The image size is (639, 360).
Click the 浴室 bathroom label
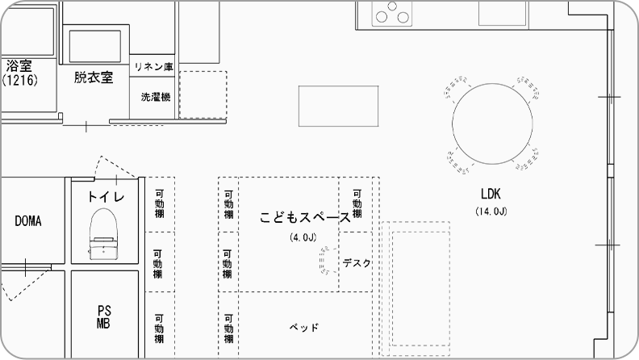pos(19,66)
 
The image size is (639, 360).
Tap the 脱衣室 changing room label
pos(94,77)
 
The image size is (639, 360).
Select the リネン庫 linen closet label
pos(153,67)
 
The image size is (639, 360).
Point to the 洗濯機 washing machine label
pos(156,97)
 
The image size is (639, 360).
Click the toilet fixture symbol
pos(103,234)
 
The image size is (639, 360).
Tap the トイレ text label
pos(106,197)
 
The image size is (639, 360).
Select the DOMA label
pos(28,221)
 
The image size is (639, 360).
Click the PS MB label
pos(103,317)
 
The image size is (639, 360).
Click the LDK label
pos(491,194)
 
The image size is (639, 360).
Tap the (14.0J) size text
pos(491,211)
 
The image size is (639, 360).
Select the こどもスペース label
pos(305,217)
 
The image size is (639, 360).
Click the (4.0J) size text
pos(303,237)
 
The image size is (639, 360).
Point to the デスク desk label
pos(357,263)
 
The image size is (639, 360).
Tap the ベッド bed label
pos(304,328)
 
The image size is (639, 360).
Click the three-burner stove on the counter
pos(392,14)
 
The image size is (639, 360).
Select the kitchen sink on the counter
pos(503,14)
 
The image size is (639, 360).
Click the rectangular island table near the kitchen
pos(338,106)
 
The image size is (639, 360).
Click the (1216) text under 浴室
pos(20,80)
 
